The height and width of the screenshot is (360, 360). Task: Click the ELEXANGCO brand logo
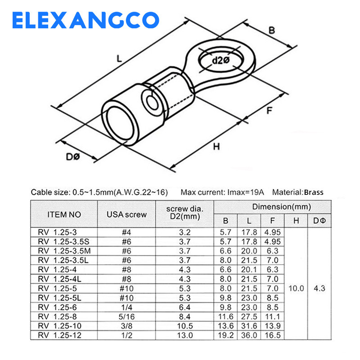[85, 20]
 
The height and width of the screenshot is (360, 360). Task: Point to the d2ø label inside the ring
[221, 60]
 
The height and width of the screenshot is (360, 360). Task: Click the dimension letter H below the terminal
[216, 146]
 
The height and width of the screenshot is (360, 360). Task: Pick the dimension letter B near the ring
[271, 31]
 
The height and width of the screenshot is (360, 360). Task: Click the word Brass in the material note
[313, 192]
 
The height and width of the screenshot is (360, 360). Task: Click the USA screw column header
[126, 215]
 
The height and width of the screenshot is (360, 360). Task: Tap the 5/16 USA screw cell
[126, 317]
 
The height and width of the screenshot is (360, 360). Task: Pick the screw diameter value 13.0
[185, 335]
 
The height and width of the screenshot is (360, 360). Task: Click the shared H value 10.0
[296, 288]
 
